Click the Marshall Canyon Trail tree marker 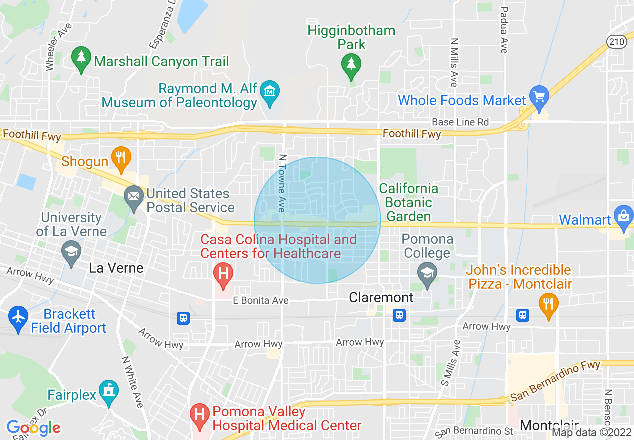81,60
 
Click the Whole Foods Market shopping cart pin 539,98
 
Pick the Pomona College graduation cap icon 427,275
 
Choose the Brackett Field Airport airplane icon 18,319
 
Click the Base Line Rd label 460,122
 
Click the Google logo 33,428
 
